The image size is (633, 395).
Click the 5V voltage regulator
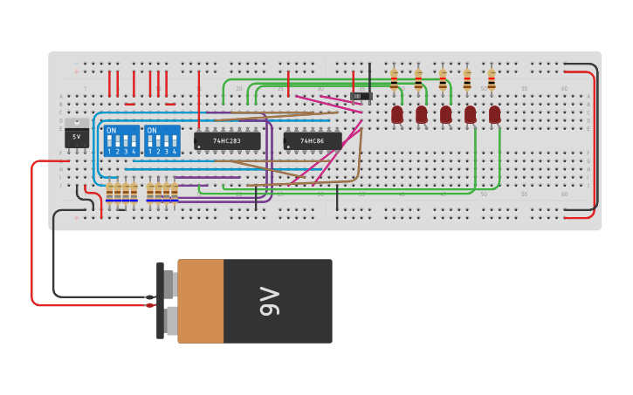[77, 136]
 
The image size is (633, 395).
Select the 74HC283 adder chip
[227, 140]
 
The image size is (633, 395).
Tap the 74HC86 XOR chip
[312, 140]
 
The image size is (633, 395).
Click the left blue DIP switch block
[120, 140]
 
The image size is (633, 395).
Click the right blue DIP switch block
[162, 140]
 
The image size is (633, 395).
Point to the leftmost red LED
[397, 114]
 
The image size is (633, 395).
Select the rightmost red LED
[495, 114]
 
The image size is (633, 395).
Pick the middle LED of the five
[446, 114]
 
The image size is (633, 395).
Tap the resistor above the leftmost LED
[394, 79]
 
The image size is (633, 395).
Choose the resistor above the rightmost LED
[492, 79]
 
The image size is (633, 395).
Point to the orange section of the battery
[201, 301]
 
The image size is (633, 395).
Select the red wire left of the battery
[33, 235]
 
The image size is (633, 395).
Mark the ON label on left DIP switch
[111, 130]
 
